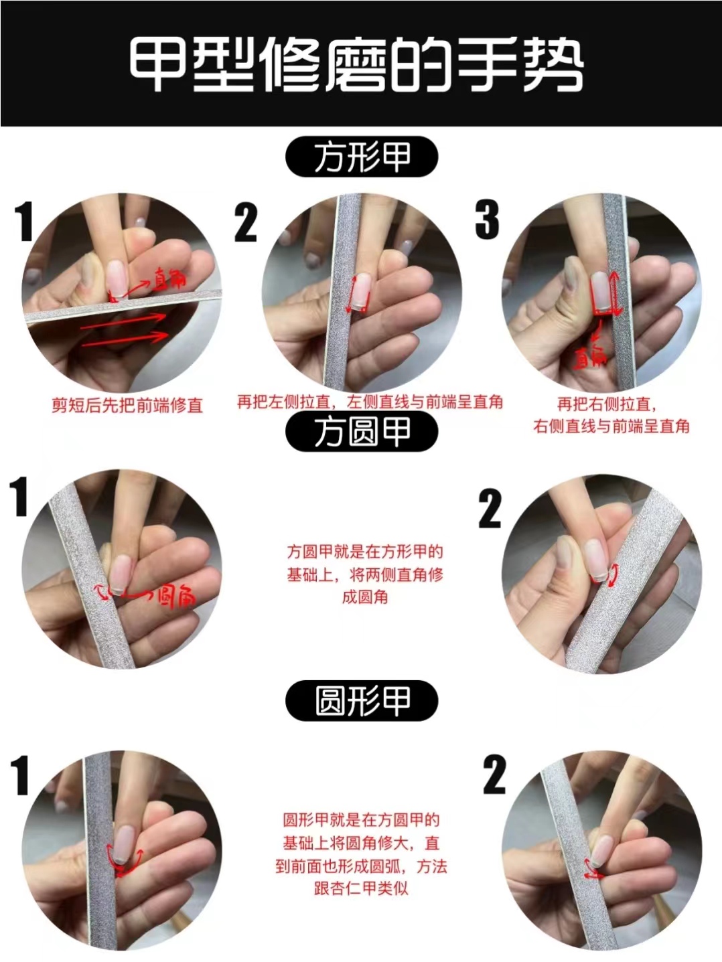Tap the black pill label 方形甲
[x=362, y=159]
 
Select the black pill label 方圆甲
[x=362, y=432]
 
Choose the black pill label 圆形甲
[x=362, y=701]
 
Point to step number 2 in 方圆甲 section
[x=490, y=509]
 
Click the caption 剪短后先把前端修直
[x=127, y=406]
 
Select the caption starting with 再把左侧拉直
[x=370, y=402]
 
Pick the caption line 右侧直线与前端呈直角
[x=611, y=426]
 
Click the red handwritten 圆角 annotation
[x=175, y=595]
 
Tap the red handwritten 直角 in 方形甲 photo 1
[x=169, y=278]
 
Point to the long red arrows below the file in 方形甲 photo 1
[x=124, y=332]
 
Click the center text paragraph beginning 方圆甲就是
[x=365, y=574]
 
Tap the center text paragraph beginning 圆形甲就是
[x=361, y=854]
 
